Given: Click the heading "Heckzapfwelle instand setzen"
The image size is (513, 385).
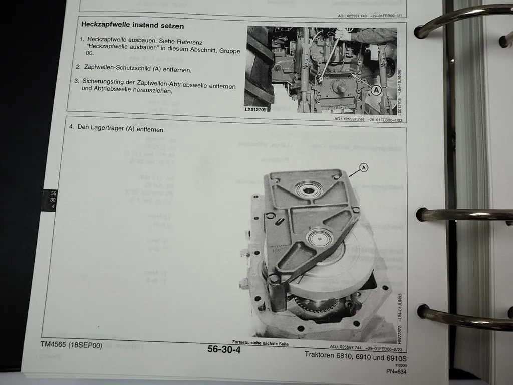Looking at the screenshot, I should [x=132, y=25].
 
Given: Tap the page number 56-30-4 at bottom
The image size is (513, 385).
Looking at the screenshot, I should [x=224, y=349].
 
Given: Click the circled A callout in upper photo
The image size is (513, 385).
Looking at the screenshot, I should [x=377, y=90].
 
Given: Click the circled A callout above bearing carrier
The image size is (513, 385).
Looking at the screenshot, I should [x=364, y=168].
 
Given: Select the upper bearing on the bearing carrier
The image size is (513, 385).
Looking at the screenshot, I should [x=309, y=189].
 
